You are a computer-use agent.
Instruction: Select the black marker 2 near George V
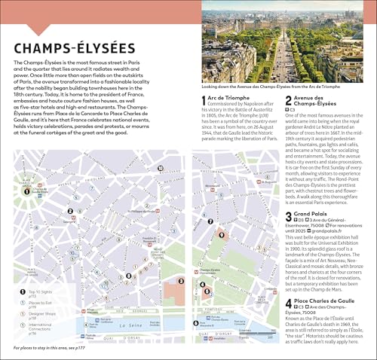71,212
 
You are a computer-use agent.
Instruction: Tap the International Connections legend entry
41,330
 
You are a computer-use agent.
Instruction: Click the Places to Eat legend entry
39,304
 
